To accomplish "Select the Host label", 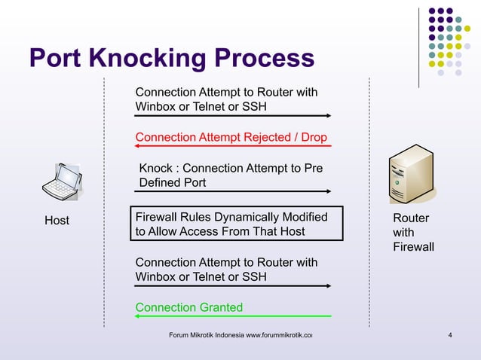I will (x=57, y=221).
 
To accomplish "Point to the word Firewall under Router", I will (x=413, y=247).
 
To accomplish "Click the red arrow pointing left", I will (x=232, y=147).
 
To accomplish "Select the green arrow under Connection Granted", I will (x=232, y=316).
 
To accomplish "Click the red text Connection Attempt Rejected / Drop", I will (x=231, y=138).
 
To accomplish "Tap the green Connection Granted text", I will (x=188, y=307).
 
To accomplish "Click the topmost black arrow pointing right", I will (x=232, y=116).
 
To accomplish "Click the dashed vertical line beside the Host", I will (x=103, y=203).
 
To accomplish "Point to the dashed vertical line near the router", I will (x=369, y=203).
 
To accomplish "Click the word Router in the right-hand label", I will (x=411, y=218).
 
